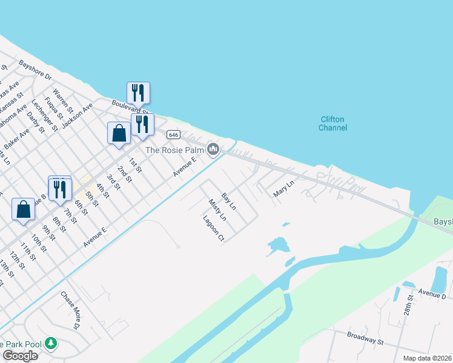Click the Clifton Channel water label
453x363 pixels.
point(333,123)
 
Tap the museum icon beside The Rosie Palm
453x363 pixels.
point(213,149)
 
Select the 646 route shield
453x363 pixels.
point(174,134)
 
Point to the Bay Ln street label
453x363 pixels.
point(228,201)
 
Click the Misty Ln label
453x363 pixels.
point(217,210)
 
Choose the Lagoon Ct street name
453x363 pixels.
point(214,229)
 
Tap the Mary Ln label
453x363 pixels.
point(283,188)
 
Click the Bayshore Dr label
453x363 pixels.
point(36,71)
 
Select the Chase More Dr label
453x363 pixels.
point(70,310)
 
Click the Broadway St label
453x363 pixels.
point(366,338)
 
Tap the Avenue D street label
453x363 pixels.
point(431,295)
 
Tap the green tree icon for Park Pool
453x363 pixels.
point(51,344)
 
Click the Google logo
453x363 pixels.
point(19,356)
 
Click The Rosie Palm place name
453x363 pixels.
point(174,149)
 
